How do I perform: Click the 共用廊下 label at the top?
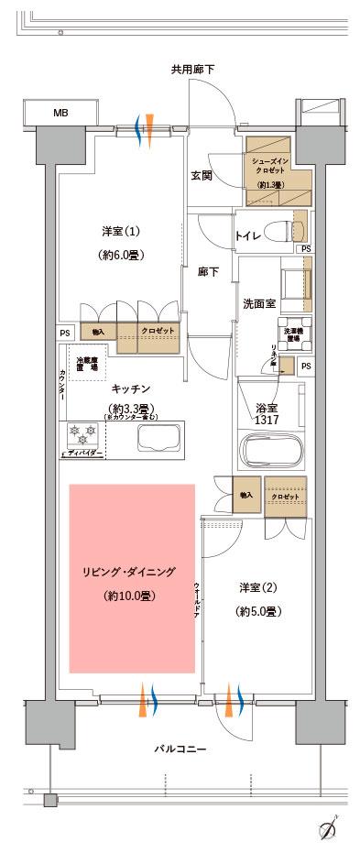tap(192, 70)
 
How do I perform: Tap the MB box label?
tap(60, 114)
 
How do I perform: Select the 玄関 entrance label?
tap(202, 175)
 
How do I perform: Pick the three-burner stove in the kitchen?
tap(85, 433)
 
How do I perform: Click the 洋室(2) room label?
tap(255, 588)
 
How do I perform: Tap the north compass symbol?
tap(331, 832)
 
